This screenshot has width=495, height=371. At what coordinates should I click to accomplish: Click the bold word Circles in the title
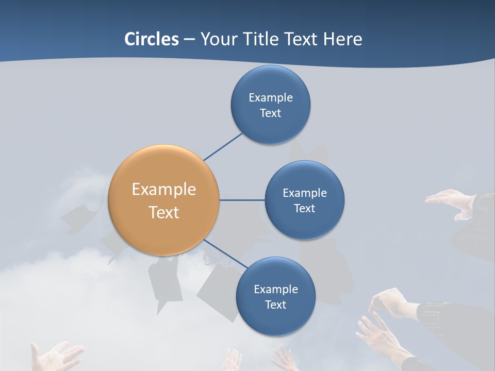(152, 39)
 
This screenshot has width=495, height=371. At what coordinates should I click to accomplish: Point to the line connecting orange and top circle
(223, 147)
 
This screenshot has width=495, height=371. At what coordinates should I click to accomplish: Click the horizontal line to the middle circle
(242, 200)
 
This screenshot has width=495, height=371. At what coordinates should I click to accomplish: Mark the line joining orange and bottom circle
(225, 254)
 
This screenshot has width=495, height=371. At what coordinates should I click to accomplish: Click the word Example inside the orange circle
(164, 189)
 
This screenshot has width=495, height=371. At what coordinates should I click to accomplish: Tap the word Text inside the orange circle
(164, 212)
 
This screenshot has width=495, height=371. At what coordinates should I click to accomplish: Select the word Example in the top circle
(270, 97)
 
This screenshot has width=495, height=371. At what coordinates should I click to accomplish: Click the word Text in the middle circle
(304, 208)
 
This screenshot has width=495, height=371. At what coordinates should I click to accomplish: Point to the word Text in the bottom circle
(275, 305)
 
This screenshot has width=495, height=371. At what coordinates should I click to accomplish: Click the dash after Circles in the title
(189, 39)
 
